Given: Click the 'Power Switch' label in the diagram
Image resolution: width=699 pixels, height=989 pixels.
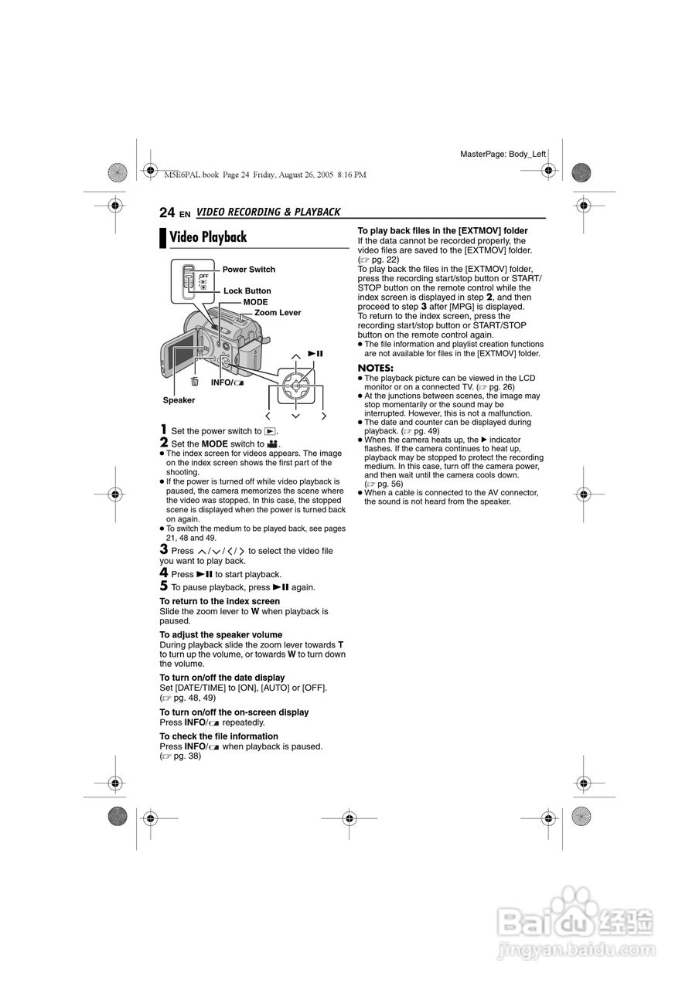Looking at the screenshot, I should (248, 270).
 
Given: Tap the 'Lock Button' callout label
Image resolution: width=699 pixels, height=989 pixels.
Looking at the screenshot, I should (247, 291).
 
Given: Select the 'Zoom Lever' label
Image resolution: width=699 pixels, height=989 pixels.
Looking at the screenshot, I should (278, 312).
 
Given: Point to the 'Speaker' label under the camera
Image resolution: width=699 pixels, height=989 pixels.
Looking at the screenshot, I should (179, 400).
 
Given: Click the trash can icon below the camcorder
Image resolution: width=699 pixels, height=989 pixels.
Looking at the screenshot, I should (195, 382).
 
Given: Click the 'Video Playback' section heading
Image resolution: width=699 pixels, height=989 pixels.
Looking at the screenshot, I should (208, 237).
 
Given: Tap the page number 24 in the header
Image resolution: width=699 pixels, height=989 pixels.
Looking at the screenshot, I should (167, 212).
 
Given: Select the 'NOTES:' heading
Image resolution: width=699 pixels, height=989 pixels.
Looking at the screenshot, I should (375, 367).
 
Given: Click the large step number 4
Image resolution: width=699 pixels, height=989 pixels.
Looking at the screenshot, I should (163, 573).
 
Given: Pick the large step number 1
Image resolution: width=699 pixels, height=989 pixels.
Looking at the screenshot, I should (163, 430).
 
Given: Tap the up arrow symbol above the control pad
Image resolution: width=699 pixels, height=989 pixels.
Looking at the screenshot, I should (295, 355).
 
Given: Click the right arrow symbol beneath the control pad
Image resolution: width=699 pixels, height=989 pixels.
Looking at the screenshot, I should (323, 416).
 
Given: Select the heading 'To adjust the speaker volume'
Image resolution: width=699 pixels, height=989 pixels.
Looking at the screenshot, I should (210, 634).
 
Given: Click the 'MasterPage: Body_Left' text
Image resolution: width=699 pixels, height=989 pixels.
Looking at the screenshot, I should (503, 155).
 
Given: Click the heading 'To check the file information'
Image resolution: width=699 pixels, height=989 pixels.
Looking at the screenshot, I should (219, 736).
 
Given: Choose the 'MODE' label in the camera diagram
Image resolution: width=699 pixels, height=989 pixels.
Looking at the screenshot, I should (255, 302).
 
